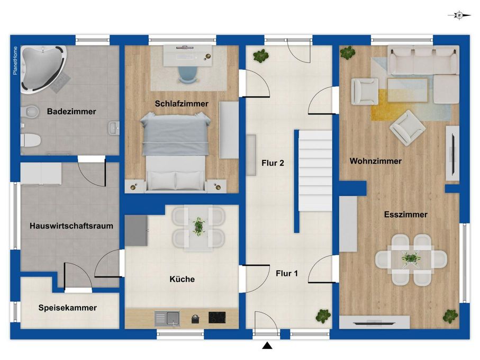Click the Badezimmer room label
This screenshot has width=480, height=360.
click(71, 111)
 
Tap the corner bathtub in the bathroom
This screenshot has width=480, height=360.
click(43, 69)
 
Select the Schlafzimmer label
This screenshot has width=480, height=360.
click(182, 103)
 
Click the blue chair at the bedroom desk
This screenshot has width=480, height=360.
click(188, 75)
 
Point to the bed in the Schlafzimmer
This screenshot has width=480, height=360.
click(176, 151)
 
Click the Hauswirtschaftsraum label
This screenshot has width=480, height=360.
click(71, 226)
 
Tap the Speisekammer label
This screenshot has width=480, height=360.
click(68, 308)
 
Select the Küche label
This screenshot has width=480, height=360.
click(182, 279)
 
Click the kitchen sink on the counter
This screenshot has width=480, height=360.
click(167, 319)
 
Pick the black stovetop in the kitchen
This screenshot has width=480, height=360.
click(217, 318)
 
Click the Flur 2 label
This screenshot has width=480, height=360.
click(273, 163)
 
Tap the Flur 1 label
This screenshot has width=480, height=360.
click(286, 273)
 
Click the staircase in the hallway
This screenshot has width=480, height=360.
click(315, 170)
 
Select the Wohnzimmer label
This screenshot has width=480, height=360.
click(376, 161)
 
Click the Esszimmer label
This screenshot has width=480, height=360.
click(405, 214)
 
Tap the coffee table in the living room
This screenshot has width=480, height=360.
click(407, 89)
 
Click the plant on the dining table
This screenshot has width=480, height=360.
click(410, 258)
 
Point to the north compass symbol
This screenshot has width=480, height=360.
click(459, 15)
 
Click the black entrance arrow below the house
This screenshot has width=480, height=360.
click(267, 345)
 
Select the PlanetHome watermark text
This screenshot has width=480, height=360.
click(15, 60)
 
